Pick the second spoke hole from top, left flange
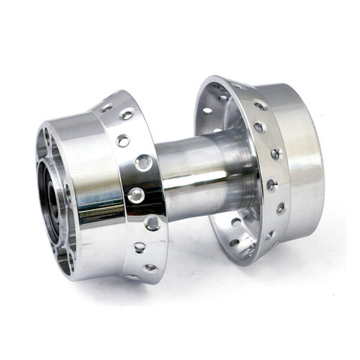127,115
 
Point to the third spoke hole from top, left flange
123,140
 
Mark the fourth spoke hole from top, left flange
144,163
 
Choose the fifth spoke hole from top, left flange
135,194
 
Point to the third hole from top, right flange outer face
258,128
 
